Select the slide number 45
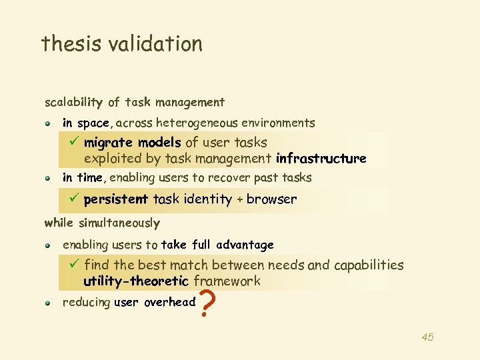427,337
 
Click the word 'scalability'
73,103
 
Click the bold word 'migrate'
108,142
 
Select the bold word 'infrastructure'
321,159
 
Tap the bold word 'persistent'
116,199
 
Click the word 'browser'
272,199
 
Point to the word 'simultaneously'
119,223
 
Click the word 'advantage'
245,245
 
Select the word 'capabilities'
369,265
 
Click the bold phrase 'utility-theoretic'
137,281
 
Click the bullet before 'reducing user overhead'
49,303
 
